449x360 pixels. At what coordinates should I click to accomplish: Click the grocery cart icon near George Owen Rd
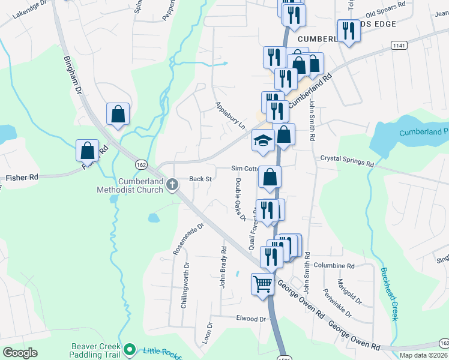(x=262, y=284)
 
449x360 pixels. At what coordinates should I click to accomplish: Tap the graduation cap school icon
(x=262, y=140)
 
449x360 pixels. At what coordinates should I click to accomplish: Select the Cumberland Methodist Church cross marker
(x=172, y=184)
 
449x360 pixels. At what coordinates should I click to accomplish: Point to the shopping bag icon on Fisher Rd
(x=88, y=150)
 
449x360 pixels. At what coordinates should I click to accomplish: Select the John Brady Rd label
(x=223, y=267)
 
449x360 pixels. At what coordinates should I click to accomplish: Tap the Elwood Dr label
(x=251, y=319)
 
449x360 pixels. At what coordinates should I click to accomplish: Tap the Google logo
(x=20, y=353)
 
